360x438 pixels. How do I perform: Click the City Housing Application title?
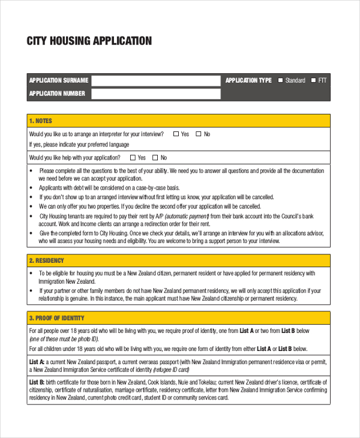point(89,41)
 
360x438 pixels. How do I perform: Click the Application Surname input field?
point(156,80)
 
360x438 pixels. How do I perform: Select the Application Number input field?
point(156,94)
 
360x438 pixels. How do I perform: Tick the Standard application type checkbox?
point(280,80)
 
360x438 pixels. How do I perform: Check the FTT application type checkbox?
point(313,80)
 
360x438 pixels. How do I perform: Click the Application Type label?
point(248,80)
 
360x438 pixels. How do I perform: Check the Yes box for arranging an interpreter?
point(176,134)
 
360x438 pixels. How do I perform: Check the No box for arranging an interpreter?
point(198,134)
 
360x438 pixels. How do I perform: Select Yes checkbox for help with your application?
point(133,158)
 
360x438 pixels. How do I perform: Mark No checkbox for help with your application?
point(155,158)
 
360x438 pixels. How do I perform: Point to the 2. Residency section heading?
point(46,261)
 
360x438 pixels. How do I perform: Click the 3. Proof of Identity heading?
point(56,318)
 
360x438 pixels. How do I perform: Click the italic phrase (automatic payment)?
point(187,216)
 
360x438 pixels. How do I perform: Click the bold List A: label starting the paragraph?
point(37,362)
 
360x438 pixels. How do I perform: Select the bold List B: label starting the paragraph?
point(37,382)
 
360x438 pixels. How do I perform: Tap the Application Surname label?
point(59,80)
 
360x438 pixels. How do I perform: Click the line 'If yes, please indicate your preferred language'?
point(79,145)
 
